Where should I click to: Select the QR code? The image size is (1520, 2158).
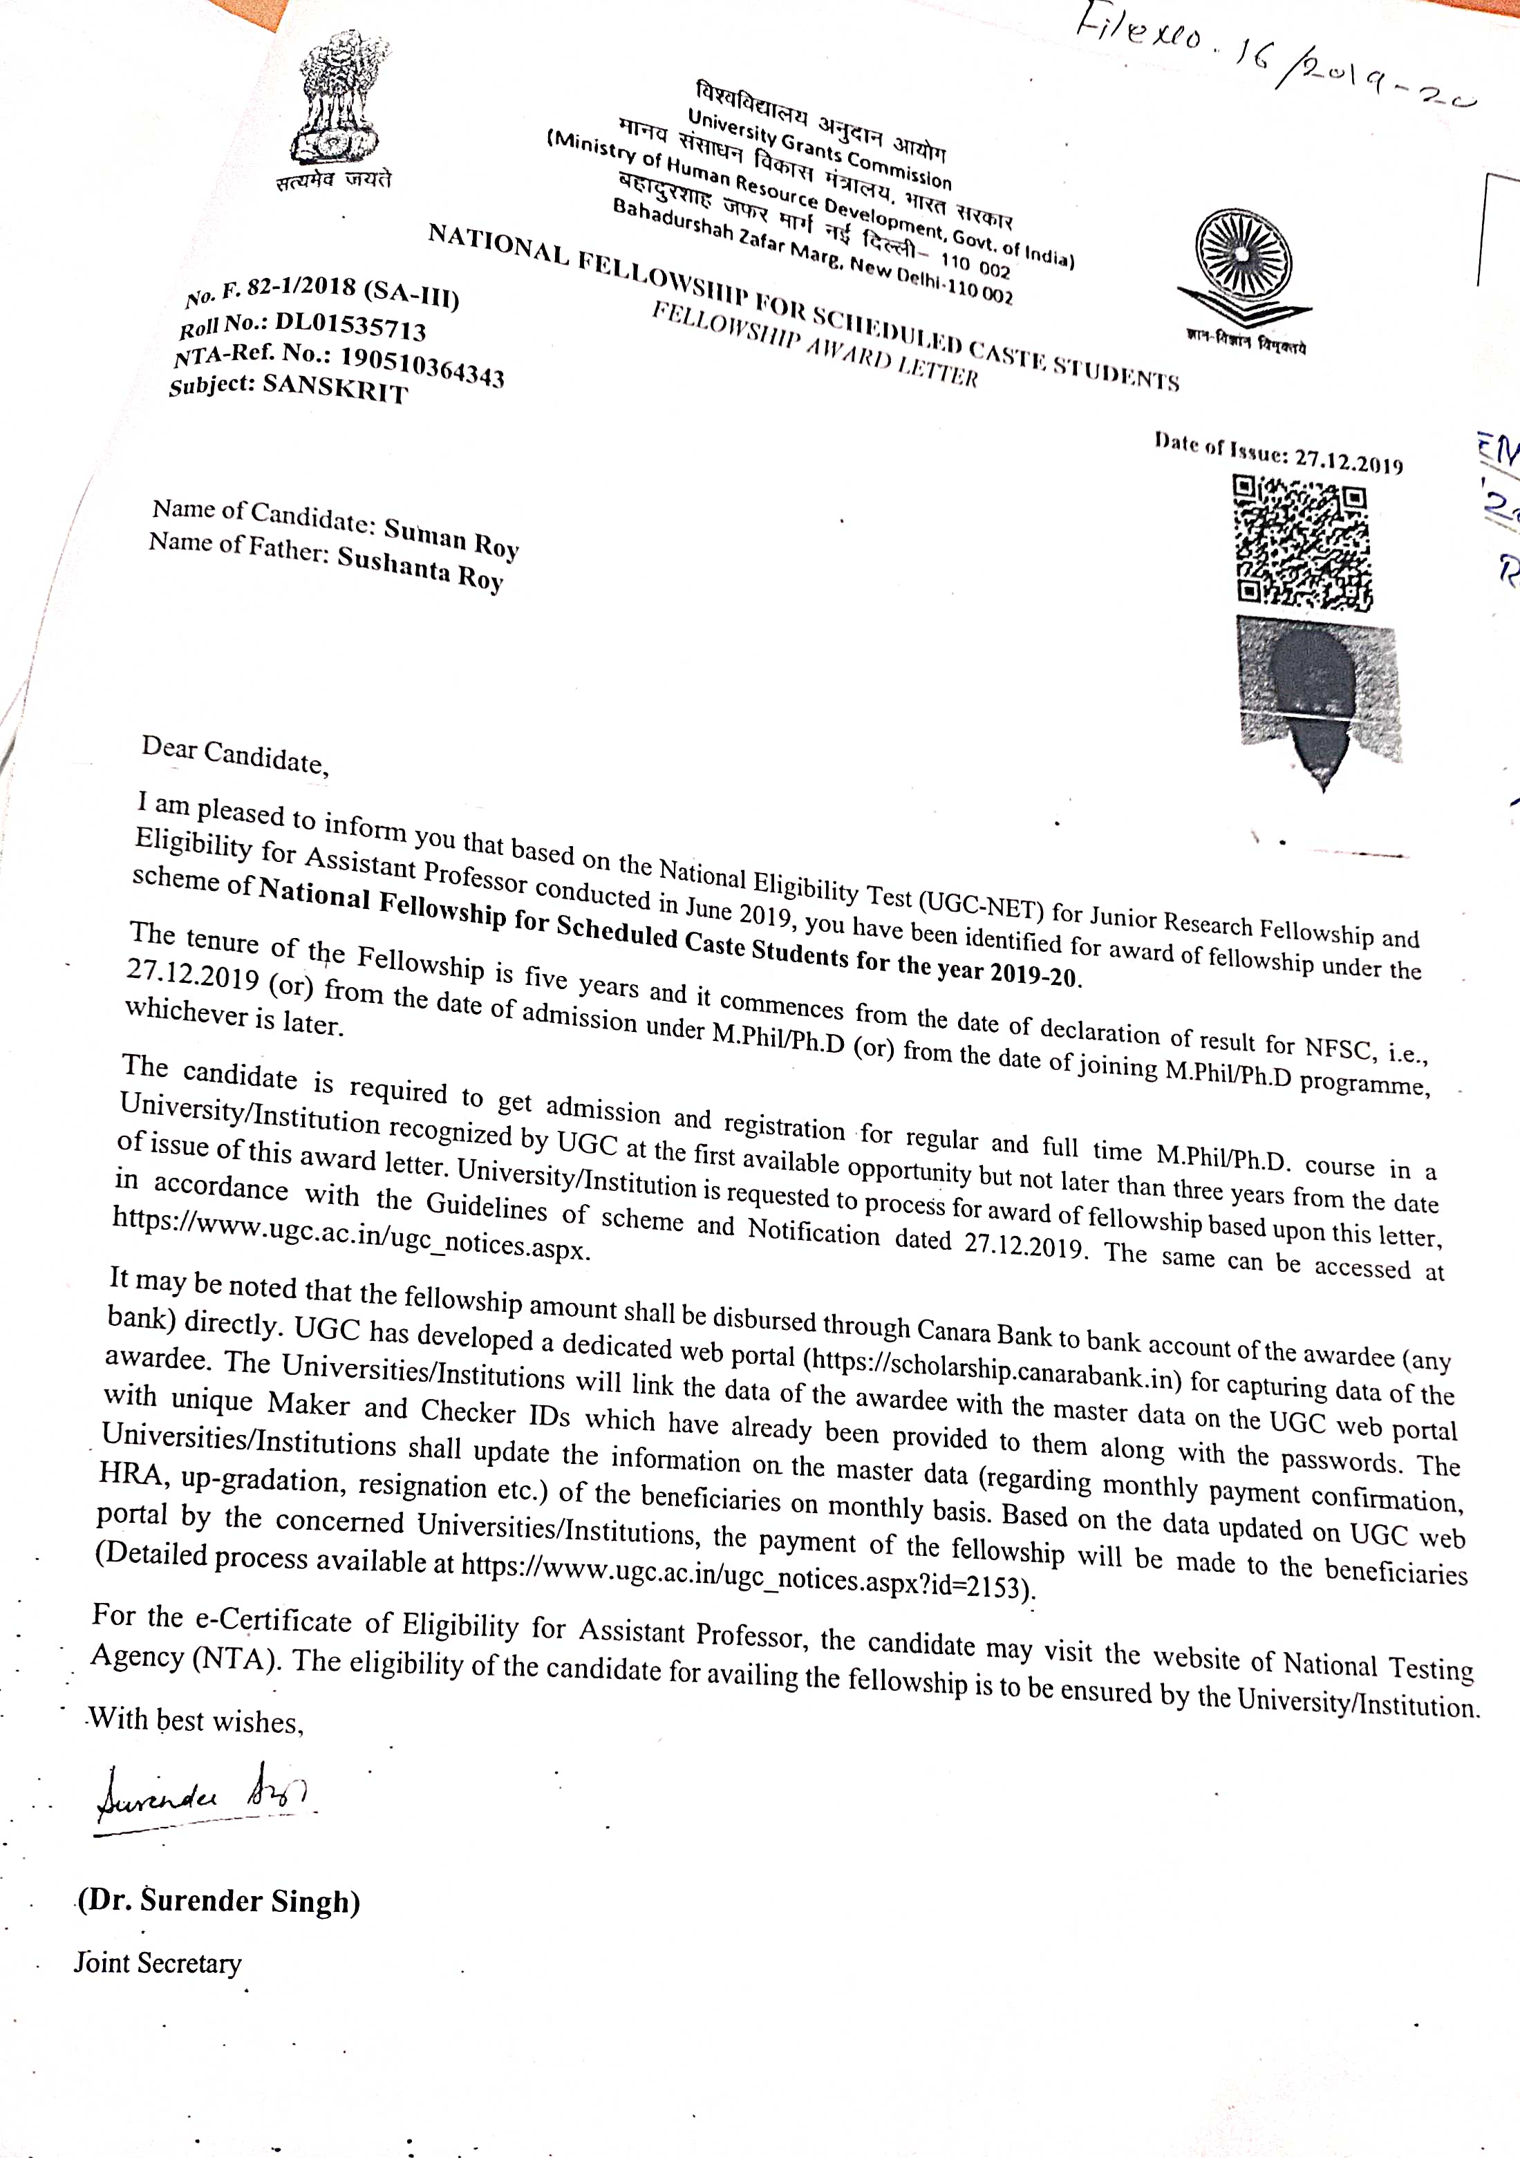click(x=1302, y=543)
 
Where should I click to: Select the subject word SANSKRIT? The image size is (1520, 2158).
click(x=335, y=387)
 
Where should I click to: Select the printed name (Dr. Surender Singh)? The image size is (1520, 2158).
click(x=219, y=1900)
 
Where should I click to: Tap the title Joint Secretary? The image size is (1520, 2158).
click(x=158, y=1962)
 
